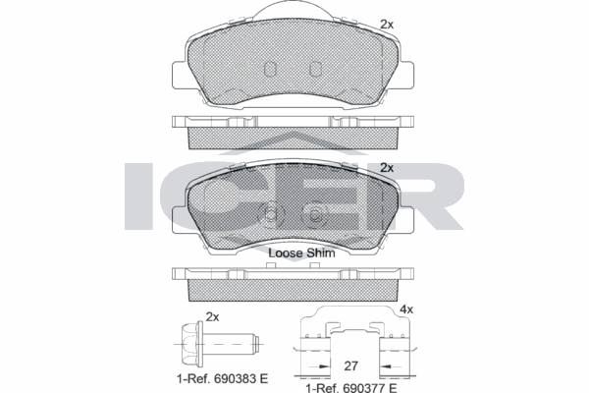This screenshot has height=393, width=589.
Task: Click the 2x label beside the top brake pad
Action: tap(387, 25)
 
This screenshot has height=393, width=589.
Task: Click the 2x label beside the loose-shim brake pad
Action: tap(387, 167)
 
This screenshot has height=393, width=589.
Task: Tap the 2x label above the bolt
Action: tap(212, 317)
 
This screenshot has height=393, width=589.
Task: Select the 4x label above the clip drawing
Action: tap(406, 309)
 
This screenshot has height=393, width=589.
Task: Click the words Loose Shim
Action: tap(301, 253)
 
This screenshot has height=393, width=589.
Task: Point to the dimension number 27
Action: tap(350, 365)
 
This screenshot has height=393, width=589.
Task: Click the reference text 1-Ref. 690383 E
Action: tap(223, 378)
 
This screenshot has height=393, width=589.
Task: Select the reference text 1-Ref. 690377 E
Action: tap(351, 387)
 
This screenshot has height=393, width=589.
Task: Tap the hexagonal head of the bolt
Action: tap(188, 344)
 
